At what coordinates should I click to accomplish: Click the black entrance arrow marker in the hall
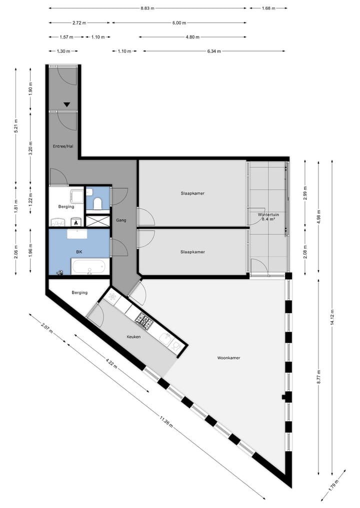click(66, 105)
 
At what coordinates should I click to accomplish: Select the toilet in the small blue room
click(97, 202)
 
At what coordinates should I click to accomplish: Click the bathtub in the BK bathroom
click(90, 267)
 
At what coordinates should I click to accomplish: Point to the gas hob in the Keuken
click(145, 321)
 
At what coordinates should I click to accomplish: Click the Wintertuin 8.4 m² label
click(268, 217)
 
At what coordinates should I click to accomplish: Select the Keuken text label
click(133, 337)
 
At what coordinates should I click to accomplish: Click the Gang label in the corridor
click(121, 220)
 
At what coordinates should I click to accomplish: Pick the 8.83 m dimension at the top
click(147, 8)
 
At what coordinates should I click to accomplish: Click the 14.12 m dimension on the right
click(332, 317)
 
